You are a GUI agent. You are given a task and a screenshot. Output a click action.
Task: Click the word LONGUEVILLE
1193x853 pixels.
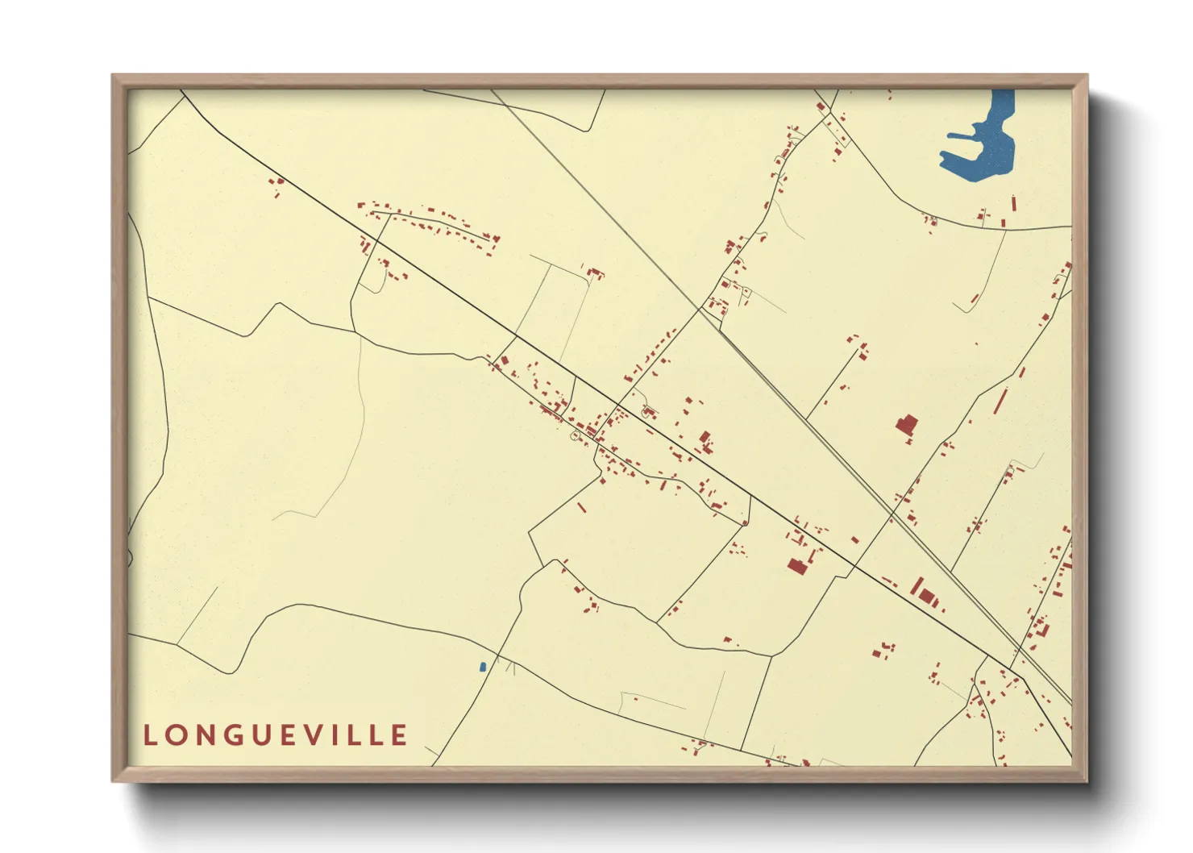pos(276,735)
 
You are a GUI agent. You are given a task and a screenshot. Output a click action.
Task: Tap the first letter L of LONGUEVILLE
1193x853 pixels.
pos(150,735)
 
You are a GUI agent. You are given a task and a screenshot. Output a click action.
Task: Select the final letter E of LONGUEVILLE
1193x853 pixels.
pos(399,735)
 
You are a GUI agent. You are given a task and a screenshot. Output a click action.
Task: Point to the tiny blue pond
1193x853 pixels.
pos(483,667)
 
